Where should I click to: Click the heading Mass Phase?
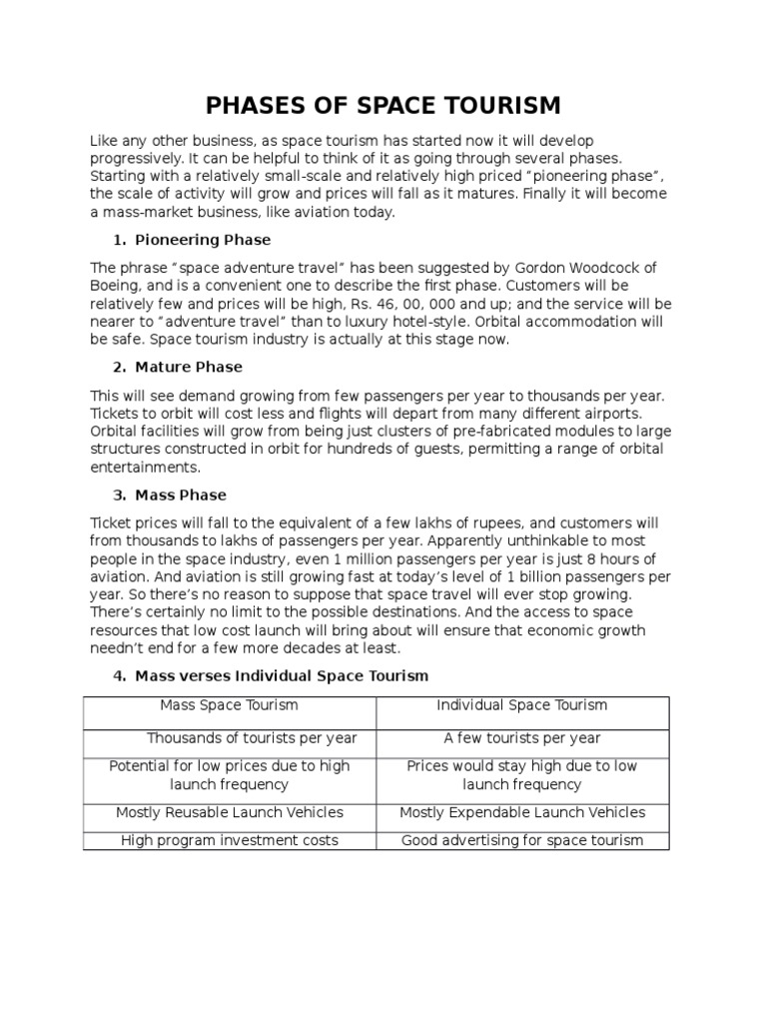click(181, 495)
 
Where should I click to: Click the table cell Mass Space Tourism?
click(230, 705)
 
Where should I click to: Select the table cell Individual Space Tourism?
click(521, 705)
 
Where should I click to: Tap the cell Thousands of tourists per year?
click(252, 738)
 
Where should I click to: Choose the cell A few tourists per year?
click(521, 738)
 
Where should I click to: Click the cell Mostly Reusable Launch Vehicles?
click(230, 812)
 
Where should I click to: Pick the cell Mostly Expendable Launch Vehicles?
click(521, 812)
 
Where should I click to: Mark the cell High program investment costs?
click(230, 840)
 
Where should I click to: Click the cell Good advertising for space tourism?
click(521, 840)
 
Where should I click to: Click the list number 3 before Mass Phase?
click(118, 495)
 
